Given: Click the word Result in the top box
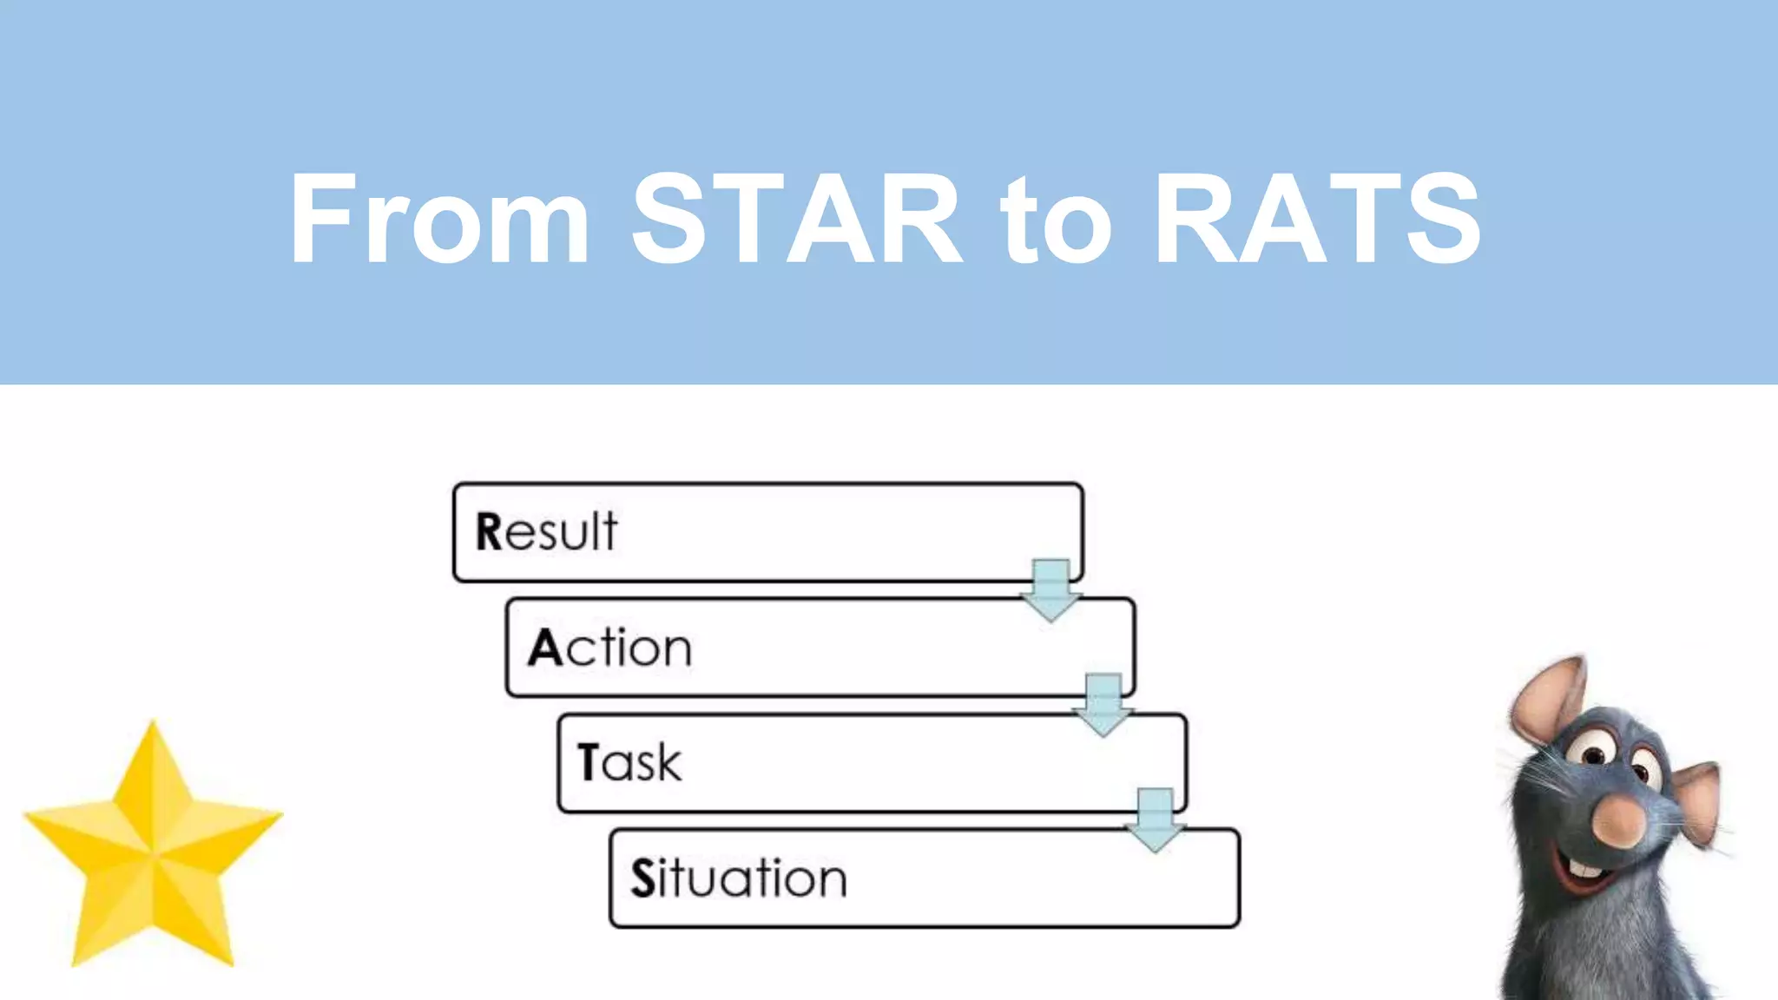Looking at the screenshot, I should (547, 531).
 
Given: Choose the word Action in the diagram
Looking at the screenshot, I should (609, 648).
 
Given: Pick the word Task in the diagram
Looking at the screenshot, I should (629, 762).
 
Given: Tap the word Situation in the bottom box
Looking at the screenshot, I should (738, 878).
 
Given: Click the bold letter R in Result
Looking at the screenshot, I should (489, 531).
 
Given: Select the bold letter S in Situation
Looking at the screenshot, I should (642, 878).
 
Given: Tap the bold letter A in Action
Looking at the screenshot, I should (545, 648).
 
